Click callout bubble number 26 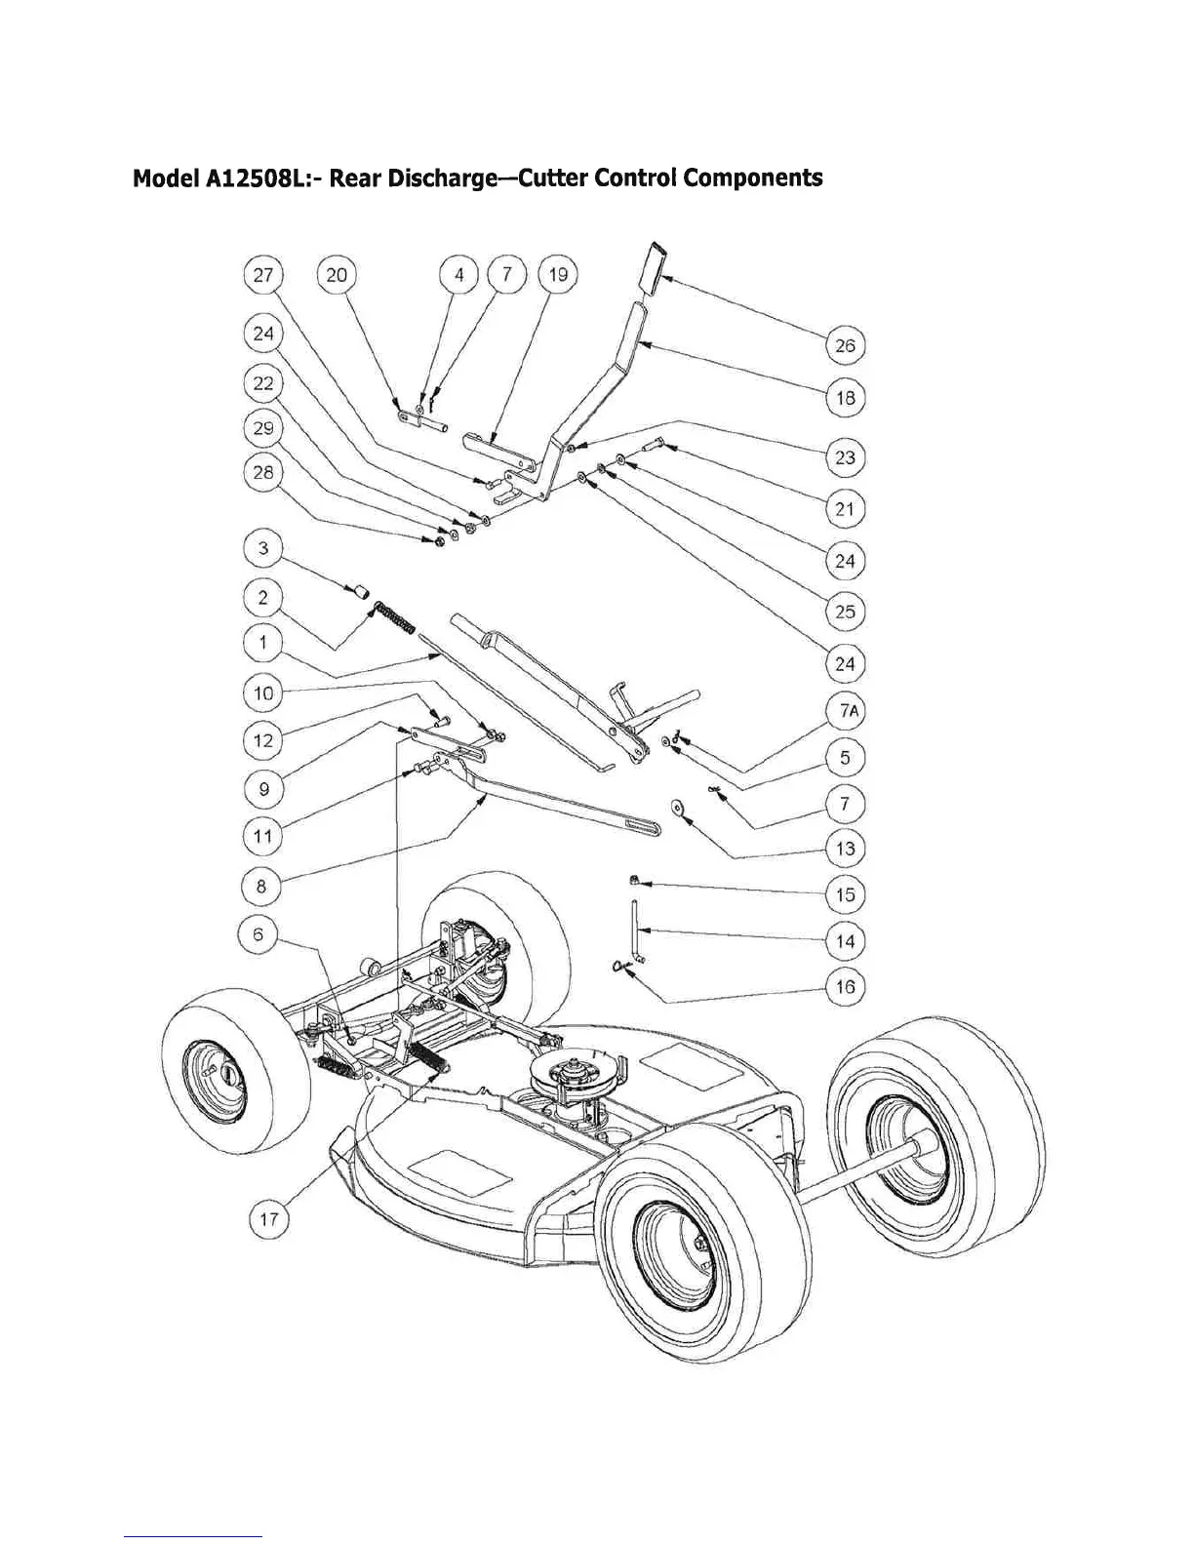845,345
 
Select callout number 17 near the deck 269,1218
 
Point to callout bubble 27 263,275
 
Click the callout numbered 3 263,548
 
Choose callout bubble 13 845,849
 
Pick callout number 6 259,933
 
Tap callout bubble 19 558,275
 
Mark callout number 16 845,987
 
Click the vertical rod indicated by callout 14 635,932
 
